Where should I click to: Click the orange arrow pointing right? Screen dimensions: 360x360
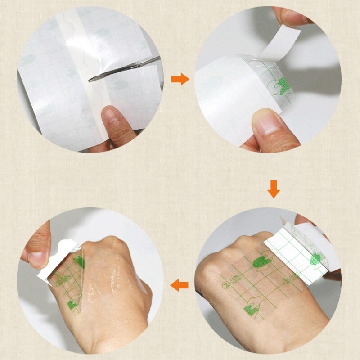180,80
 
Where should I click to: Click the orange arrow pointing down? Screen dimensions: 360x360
274,189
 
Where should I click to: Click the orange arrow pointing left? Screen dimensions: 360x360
180,284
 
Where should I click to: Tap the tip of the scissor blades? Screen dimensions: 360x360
92,79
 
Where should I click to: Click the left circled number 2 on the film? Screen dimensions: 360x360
223,285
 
